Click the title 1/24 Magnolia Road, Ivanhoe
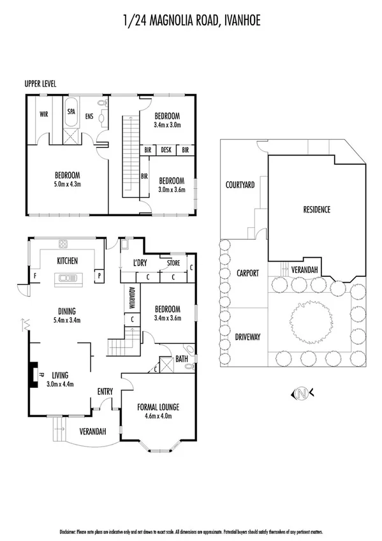coord(191,22)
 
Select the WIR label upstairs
coord(44,115)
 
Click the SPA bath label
coord(71,110)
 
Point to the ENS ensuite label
coord(89,116)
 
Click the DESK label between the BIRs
coord(166,150)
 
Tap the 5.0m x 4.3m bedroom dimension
coord(66,184)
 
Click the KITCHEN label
coord(67,261)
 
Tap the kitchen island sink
coord(67,278)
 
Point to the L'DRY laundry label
coord(140,263)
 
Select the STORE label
coord(173,263)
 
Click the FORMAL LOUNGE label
coord(158,406)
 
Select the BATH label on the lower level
coord(180,359)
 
